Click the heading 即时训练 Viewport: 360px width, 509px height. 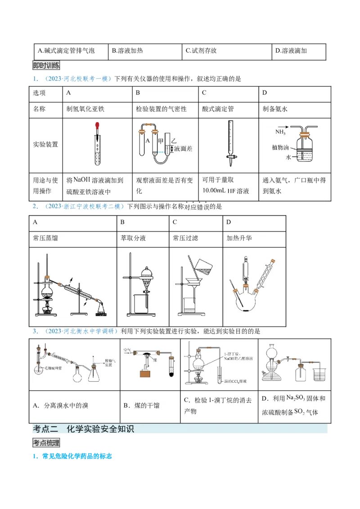pos(46,65)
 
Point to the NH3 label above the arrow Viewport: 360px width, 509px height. pos(281,132)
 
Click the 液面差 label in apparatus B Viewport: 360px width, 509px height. pos(183,148)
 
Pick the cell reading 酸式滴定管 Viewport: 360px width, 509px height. pos(218,109)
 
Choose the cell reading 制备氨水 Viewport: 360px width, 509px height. pos(275,109)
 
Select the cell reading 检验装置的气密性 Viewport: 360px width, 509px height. pos(161,109)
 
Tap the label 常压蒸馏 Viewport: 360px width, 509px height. pos(45,238)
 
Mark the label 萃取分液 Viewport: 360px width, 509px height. pos(133,238)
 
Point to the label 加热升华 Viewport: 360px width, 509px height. pos(238,238)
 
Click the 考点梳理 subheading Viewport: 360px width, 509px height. pos(46,443)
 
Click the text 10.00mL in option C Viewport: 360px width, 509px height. pos(215,191)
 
